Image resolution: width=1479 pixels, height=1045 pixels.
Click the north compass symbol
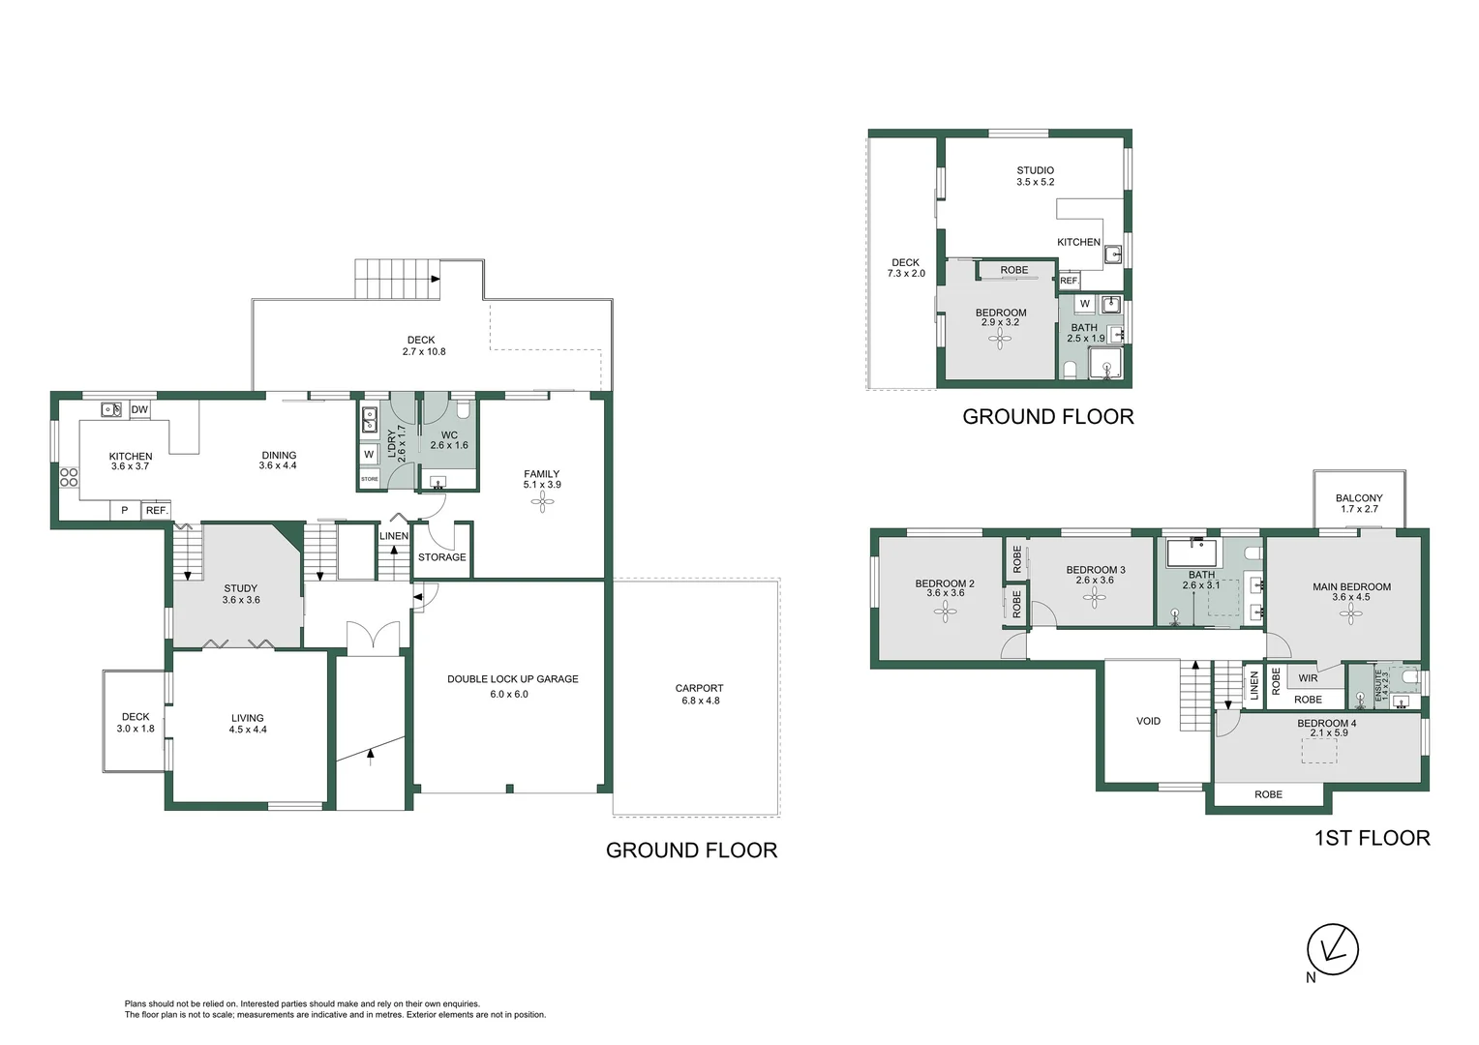click(x=1333, y=949)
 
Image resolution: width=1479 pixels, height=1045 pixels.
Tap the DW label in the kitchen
click(x=139, y=409)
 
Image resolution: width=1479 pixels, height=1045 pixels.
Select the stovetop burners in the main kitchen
click(x=69, y=477)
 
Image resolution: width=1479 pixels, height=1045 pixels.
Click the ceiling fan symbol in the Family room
click(x=543, y=504)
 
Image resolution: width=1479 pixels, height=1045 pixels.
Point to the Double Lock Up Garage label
click(x=512, y=678)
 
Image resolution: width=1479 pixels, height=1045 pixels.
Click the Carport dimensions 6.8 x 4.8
click(x=701, y=701)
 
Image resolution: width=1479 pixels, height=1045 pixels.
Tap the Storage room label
click(x=441, y=557)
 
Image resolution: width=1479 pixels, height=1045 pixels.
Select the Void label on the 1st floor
click(x=1148, y=721)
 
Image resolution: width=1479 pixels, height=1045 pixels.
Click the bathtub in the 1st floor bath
click(x=1192, y=553)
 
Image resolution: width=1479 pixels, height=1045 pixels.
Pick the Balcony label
click(x=1359, y=497)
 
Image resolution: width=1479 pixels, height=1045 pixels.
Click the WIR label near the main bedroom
click(x=1308, y=678)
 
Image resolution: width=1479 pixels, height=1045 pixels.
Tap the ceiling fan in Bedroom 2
click(x=945, y=612)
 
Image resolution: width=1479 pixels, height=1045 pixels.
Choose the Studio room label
click(x=1036, y=170)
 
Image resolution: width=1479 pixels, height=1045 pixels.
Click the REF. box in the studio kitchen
click(x=1069, y=281)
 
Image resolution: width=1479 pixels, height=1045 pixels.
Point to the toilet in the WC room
click(x=463, y=408)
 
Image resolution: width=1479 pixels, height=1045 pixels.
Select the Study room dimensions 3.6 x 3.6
click(x=241, y=600)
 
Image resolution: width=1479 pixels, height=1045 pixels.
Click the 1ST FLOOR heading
click(x=1372, y=838)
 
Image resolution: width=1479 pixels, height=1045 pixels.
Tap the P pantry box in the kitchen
click(x=124, y=510)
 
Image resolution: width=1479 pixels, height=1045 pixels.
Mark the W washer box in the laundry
click(x=369, y=454)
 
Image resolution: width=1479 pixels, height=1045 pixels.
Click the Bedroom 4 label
click(x=1326, y=723)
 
